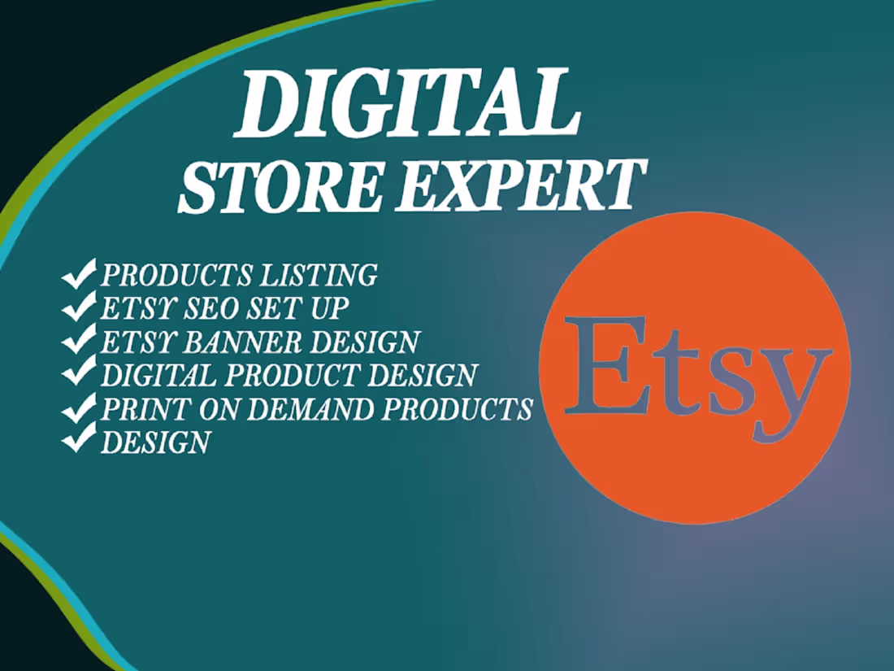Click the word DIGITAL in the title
tap(406, 103)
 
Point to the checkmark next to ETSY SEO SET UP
tap(79, 309)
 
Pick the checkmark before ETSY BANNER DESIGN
tap(79, 342)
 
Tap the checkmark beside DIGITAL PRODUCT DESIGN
tap(79, 375)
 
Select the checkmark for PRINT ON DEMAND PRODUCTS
tap(79, 408)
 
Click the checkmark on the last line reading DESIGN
tap(79, 442)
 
